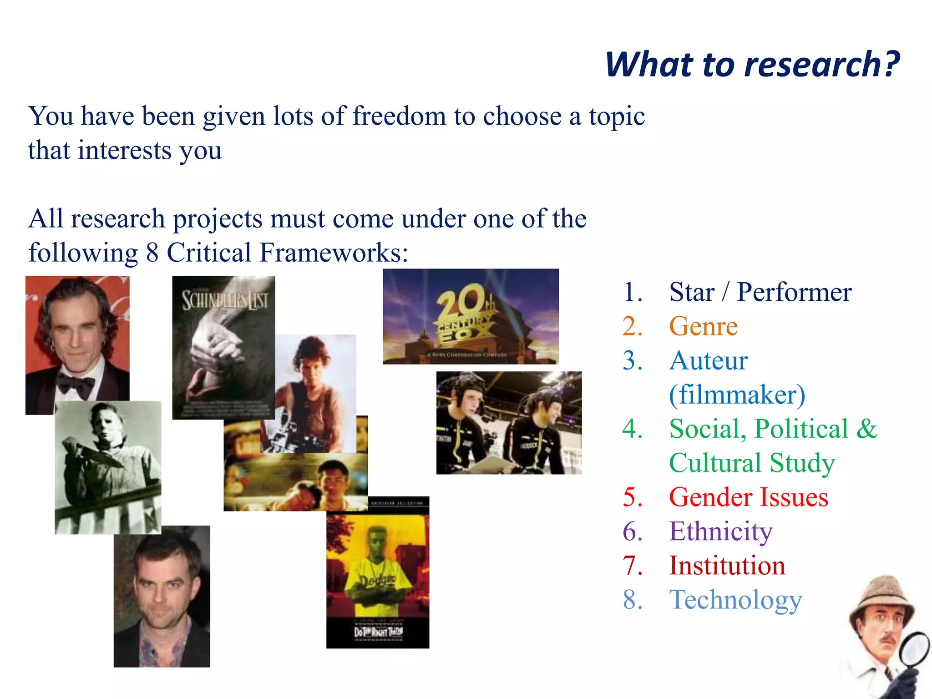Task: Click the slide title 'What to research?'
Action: coord(752,65)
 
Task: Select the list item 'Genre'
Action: coord(703,326)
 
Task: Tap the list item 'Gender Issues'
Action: coord(748,497)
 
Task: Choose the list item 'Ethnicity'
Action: coord(720,531)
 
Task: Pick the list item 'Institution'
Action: coord(727,566)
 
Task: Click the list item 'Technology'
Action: coord(735,600)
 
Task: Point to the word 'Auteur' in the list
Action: coord(708,360)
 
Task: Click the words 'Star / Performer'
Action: coord(760,292)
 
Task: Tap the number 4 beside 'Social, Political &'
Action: coord(632,429)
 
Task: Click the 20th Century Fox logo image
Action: coord(471,316)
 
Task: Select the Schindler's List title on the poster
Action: coord(224,300)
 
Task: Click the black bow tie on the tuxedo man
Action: coord(75,385)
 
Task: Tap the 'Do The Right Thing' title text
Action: coord(378,632)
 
